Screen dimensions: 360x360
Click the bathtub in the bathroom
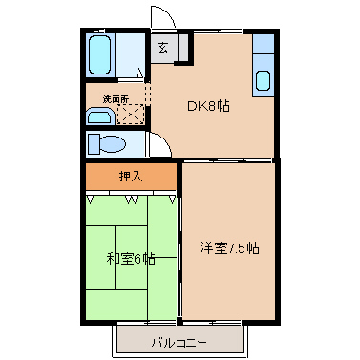tap(100, 54)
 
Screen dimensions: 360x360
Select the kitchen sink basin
tap(264, 80)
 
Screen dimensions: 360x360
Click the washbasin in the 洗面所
tap(100, 116)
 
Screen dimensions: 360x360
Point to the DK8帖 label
tap(208, 106)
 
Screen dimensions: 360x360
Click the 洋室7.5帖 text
tap(229, 248)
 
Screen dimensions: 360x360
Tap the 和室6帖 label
tap(131, 259)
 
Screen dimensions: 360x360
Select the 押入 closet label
tap(131, 176)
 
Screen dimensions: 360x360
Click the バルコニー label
tap(180, 343)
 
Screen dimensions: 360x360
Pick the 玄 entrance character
tap(162, 48)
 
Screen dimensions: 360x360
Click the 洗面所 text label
tap(116, 99)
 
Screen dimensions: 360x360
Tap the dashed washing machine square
tap(131, 114)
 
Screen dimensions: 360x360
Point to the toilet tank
tap(94, 144)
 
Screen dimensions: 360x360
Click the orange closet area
tap(131, 177)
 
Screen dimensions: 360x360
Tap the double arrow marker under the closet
tap(131, 201)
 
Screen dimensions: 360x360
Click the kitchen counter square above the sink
tap(264, 44)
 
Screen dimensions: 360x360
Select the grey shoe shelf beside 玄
tap(182, 48)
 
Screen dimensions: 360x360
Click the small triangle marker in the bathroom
tap(139, 73)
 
